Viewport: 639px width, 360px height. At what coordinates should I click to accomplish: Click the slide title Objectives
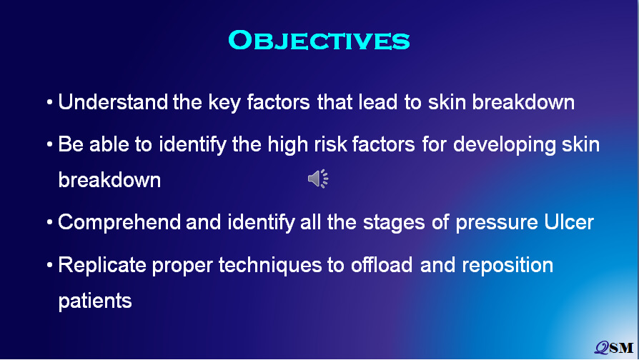point(319,40)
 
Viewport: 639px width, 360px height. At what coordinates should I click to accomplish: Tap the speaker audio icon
point(318,179)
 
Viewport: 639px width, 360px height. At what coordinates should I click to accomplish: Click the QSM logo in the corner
point(614,347)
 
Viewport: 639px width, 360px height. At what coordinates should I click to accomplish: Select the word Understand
point(113,102)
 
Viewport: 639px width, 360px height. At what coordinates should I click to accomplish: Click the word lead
point(378,102)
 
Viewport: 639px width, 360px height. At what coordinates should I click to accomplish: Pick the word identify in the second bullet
point(192,145)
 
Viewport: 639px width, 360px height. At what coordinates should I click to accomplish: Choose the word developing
point(504,145)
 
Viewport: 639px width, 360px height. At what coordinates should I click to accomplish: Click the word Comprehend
point(119,223)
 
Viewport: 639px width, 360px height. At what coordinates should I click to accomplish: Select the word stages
point(394,224)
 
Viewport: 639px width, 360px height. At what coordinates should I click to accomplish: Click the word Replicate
point(102,266)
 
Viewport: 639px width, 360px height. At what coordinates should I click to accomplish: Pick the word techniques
point(269,266)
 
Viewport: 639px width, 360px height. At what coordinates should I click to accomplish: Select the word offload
point(382,265)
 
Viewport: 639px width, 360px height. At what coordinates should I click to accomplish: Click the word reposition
point(507,266)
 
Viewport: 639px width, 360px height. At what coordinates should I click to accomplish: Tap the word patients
point(95,301)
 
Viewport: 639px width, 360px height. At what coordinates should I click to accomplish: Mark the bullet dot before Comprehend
point(50,222)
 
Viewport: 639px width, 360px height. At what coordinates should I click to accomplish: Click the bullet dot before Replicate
point(50,265)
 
